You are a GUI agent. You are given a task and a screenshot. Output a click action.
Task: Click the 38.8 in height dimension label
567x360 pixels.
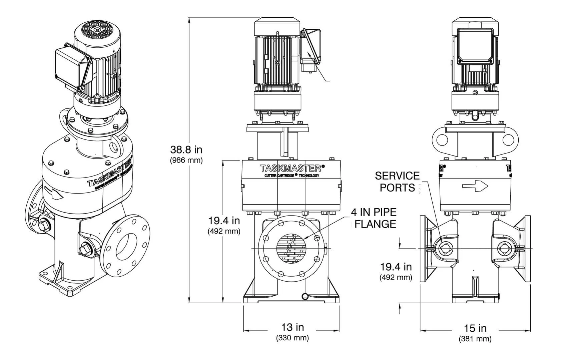click(x=186, y=149)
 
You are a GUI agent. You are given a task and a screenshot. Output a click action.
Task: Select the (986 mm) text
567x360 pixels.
click(x=186, y=160)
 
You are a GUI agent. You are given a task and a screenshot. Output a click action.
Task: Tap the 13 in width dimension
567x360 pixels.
click(x=292, y=327)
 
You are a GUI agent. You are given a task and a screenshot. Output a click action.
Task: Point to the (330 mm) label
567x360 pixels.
click(x=292, y=338)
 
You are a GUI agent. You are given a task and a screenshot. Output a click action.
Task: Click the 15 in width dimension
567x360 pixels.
click(x=475, y=328)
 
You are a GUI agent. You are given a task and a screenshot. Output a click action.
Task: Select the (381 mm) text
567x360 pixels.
click(x=475, y=339)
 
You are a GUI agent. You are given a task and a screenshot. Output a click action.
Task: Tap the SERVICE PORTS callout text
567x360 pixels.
click(x=397, y=182)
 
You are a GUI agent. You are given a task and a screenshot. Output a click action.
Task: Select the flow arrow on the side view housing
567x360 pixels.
click(x=475, y=186)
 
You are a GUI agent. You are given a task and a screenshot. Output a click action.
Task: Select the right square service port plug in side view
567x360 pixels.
click(x=503, y=248)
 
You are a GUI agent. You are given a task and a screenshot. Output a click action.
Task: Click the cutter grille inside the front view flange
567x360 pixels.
click(x=291, y=249)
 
